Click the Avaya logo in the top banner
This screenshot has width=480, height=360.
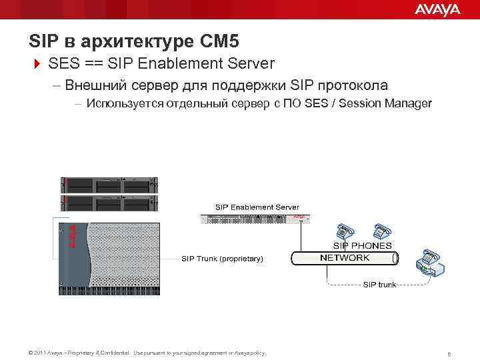[437, 9]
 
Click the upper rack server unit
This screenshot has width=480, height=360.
[109, 185]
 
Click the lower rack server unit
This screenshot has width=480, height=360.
[109, 203]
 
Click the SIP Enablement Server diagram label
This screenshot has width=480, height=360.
[257, 207]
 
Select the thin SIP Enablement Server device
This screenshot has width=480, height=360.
[257, 218]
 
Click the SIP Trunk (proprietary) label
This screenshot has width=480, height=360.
[223, 259]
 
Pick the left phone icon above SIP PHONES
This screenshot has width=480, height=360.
[346, 230]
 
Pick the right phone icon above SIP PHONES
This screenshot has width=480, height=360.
[381, 230]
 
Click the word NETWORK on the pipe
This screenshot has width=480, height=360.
[345, 258]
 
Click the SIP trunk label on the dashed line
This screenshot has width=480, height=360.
[379, 285]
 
